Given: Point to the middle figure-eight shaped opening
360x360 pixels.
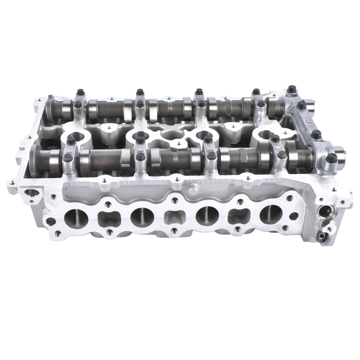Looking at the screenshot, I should tap(173, 215).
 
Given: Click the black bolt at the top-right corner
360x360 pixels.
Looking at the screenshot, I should tap(292, 89).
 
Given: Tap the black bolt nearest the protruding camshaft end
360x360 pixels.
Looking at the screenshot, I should tap(331, 158).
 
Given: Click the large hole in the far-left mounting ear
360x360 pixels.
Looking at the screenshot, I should tap(30, 194).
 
